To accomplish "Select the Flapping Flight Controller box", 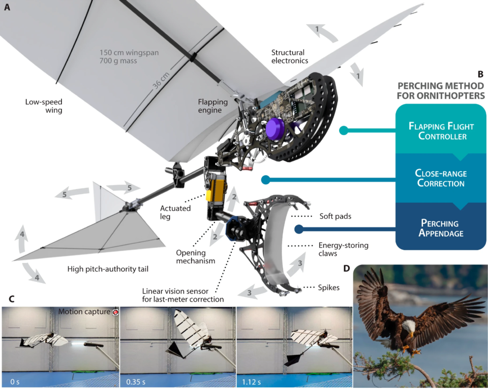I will click(438, 129).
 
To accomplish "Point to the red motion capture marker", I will click(115, 312).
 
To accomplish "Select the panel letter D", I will click(346, 268).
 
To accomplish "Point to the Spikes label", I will click(329, 287).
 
